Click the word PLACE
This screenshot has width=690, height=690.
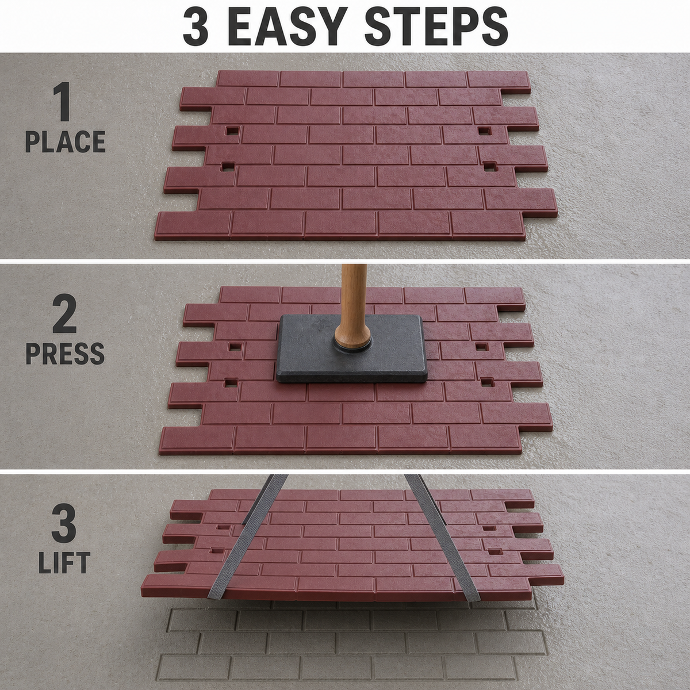[65, 142]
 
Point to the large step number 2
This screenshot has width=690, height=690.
[64, 315]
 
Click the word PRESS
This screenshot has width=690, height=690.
[65, 354]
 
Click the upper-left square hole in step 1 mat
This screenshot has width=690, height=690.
[232, 131]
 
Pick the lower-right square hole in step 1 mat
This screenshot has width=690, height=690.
[490, 166]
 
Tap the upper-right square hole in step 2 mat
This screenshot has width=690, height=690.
[482, 346]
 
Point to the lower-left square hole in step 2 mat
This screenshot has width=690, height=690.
[230, 382]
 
